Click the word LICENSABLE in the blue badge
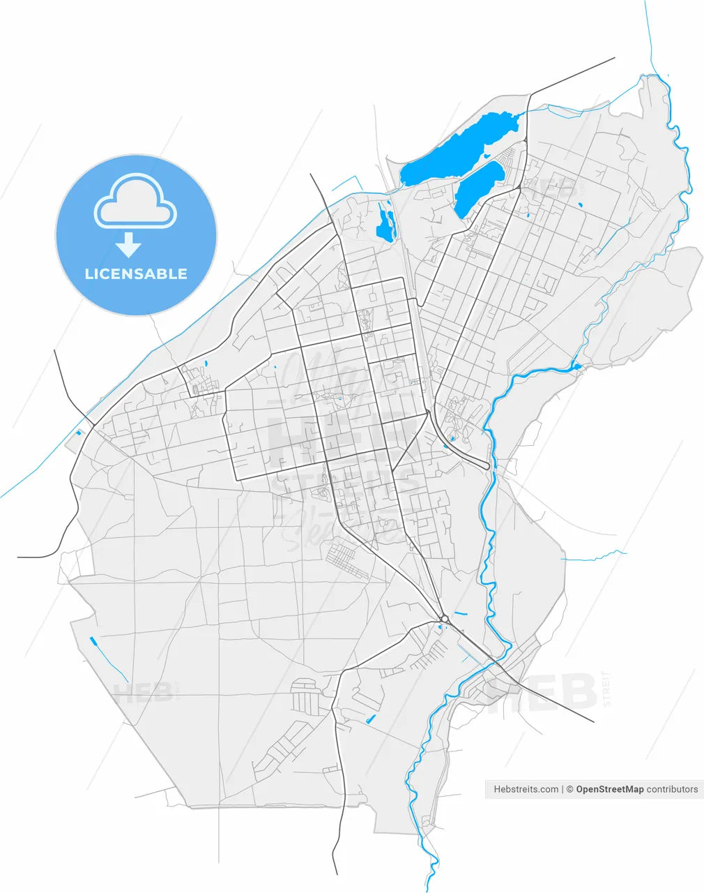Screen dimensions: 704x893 point(136,274)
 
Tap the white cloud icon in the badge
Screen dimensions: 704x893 point(136,202)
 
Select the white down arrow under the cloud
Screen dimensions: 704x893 point(128,245)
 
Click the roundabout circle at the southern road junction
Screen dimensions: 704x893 point(444,618)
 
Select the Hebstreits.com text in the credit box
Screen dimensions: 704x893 point(526,789)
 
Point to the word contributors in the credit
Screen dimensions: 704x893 point(672,789)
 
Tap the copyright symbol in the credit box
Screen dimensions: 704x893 point(569,789)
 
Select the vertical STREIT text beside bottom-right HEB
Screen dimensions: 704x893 point(606,689)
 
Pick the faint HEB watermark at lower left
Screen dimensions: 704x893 point(143,693)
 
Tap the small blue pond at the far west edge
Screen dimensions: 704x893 point(79,433)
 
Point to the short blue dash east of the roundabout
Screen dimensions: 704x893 point(460,613)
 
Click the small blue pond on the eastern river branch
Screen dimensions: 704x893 point(576,366)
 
